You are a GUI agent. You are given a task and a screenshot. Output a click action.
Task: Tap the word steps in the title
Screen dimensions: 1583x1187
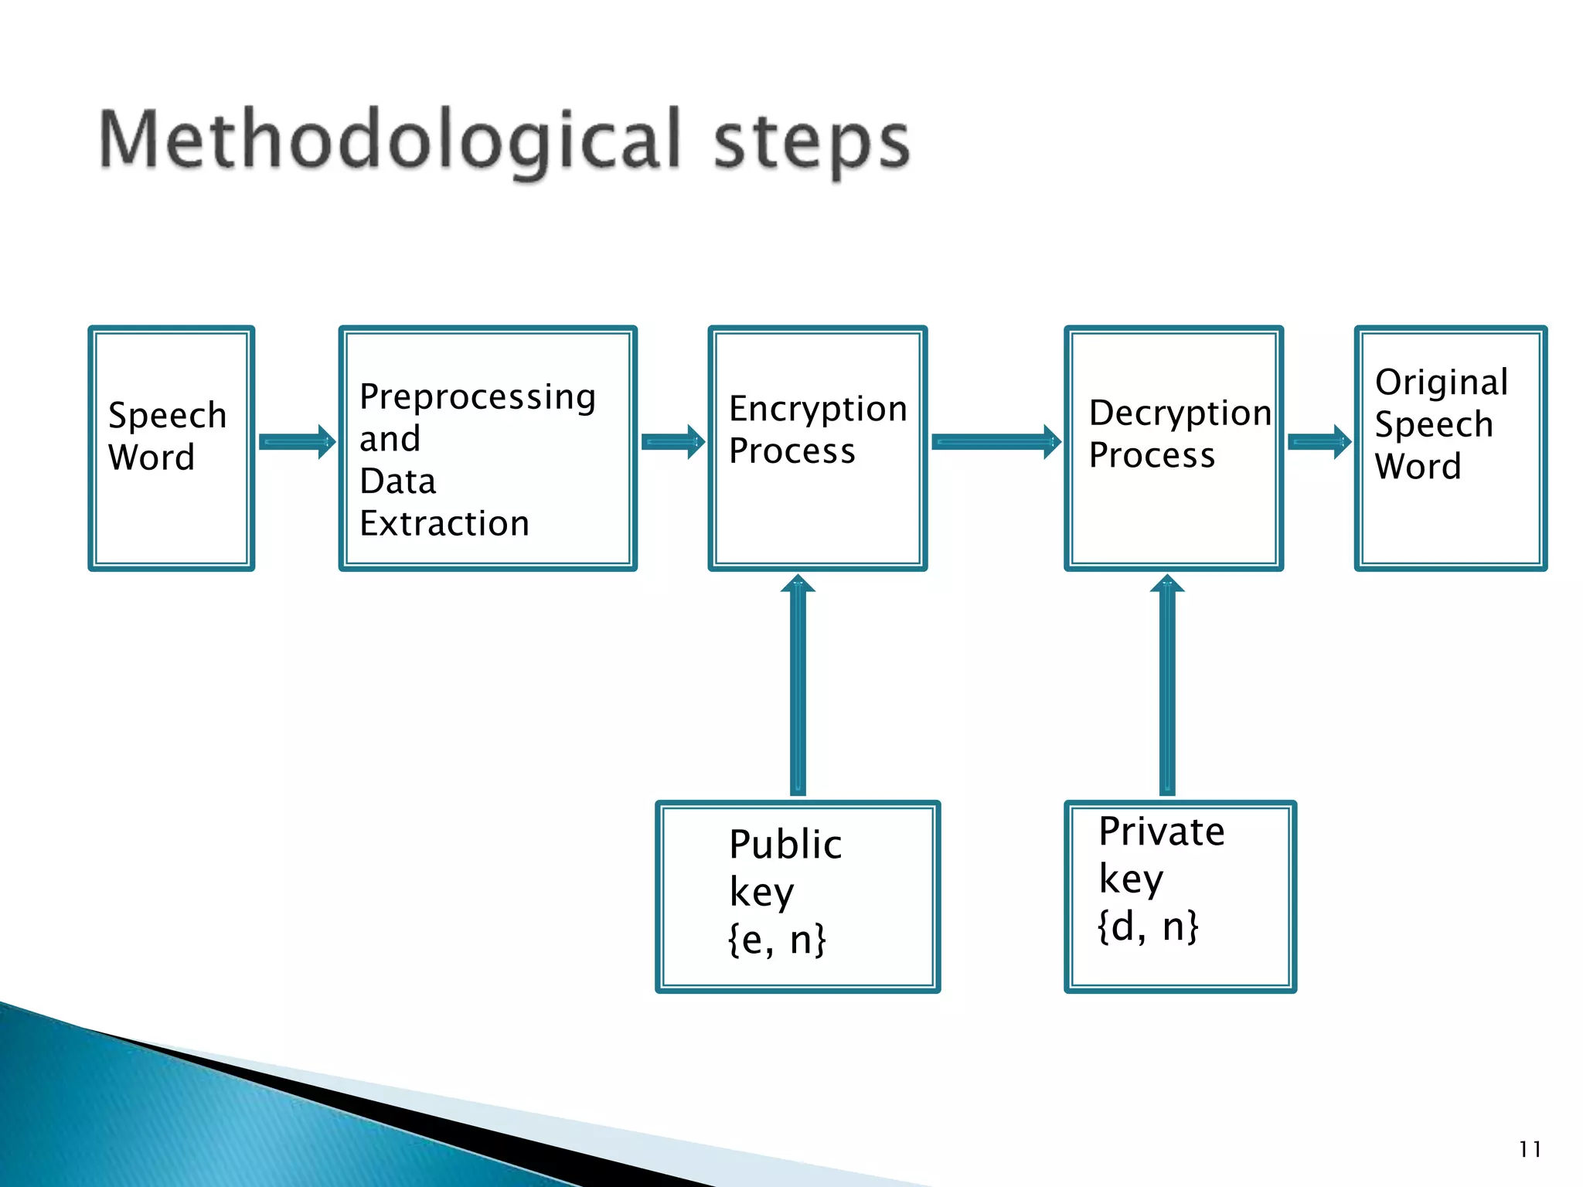click(x=812, y=143)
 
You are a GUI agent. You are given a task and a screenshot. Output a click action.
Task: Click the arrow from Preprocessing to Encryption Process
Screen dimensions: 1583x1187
click(x=673, y=442)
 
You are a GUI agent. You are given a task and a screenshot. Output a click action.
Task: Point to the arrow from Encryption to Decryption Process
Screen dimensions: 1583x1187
click(x=996, y=442)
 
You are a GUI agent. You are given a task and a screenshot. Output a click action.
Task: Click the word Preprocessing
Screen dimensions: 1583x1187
click(x=478, y=398)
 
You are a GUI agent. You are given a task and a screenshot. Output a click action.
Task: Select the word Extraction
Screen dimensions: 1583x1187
click(x=444, y=524)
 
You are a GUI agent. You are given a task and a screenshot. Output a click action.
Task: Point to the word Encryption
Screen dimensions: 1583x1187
click(x=818, y=409)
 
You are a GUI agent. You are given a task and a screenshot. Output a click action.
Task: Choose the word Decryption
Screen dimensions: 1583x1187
click(x=1180, y=413)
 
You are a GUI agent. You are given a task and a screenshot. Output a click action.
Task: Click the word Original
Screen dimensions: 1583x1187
click(x=1442, y=383)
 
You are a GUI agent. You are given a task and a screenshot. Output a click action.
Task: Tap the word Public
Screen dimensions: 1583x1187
click(x=785, y=844)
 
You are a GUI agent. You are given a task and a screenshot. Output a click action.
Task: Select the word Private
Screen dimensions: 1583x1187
click(x=1162, y=832)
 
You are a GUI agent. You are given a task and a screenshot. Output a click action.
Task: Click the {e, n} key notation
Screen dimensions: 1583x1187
click(x=777, y=940)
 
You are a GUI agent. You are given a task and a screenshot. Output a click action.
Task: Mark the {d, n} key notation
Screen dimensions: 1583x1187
click(x=1148, y=926)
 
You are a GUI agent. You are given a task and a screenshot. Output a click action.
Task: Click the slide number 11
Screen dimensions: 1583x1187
click(x=1530, y=1149)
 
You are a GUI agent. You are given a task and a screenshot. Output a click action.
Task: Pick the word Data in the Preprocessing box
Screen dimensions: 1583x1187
click(x=398, y=481)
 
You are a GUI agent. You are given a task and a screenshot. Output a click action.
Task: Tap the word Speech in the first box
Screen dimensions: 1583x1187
click(x=168, y=416)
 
